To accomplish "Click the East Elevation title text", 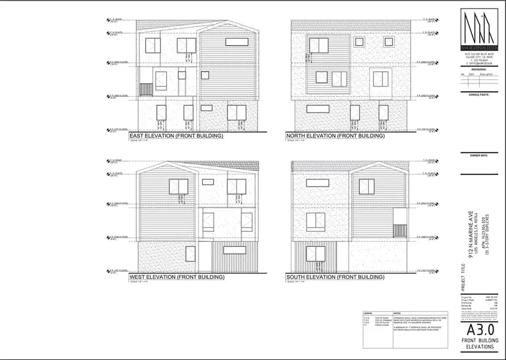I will pyautogui.click(x=176, y=136).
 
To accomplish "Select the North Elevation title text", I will pyautogui.click(x=335, y=136).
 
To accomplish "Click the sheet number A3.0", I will pyautogui.click(x=478, y=329).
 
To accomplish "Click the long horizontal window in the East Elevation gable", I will pyautogui.click(x=238, y=42).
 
